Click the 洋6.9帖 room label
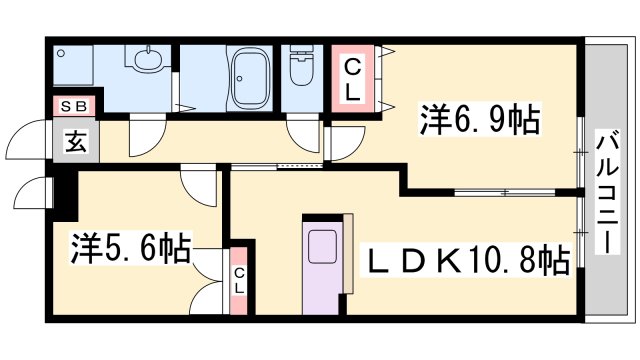coord(480,122)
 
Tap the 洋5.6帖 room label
coord(130,247)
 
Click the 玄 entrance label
coord(75,142)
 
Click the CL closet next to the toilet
coord(353,77)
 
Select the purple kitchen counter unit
coord(324,265)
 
